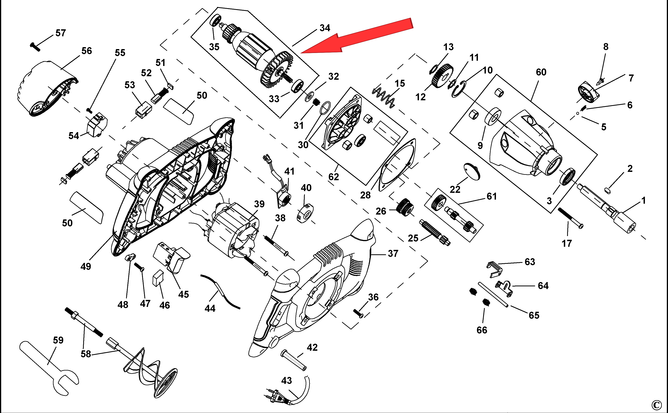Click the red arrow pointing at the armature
click(361, 37)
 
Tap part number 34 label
click(325, 28)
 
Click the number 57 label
click(61, 33)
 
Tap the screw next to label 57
click(35, 47)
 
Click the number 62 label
click(333, 177)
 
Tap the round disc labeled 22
click(472, 171)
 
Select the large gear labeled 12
click(442, 76)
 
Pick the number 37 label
click(393, 254)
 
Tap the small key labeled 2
click(608, 190)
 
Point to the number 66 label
click(482, 330)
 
